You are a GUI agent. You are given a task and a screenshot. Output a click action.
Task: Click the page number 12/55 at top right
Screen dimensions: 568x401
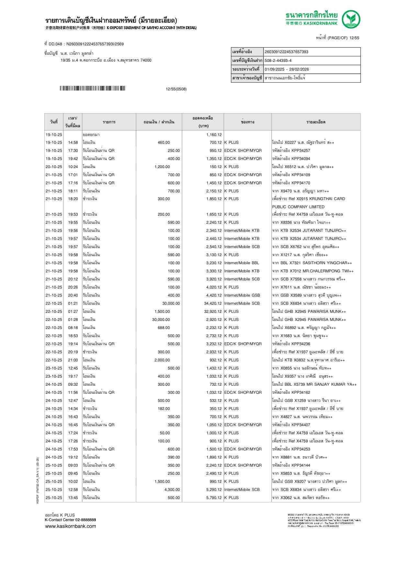pos(354,38)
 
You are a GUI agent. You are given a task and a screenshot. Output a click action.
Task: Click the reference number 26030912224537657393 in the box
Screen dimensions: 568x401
pos(286,52)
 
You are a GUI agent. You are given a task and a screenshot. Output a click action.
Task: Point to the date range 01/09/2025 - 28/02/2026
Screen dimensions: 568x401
pos(287,69)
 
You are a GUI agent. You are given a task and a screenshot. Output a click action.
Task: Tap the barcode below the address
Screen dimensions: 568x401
pos(92,88)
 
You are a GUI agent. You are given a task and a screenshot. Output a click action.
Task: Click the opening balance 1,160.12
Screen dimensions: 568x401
pos(214,135)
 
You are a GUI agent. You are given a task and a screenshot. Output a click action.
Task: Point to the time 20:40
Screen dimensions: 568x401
pos(73,295)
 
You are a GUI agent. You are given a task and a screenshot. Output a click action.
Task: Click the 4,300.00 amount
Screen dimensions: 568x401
pos(172,490)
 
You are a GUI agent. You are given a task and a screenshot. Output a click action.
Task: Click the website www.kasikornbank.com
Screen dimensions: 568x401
pos(71,526)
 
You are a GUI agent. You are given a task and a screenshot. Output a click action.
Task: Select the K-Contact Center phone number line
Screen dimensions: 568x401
pos(70,520)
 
